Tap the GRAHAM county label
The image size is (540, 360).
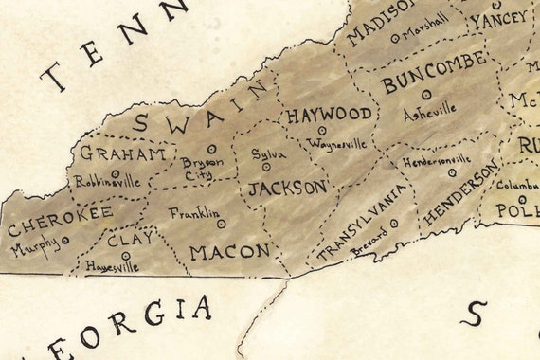click(123, 153)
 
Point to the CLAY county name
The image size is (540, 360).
click(129, 240)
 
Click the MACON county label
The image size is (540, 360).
click(229, 252)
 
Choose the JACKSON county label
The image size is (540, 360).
click(287, 188)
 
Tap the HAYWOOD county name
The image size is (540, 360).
click(329, 115)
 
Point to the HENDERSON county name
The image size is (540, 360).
click(460, 194)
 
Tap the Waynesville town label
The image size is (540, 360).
click(335, 145)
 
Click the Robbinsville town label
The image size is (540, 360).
click(107, 181)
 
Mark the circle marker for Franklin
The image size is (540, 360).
click(221, 225)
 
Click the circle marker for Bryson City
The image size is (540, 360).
click(212, 149)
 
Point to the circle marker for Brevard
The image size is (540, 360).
click(394, 224)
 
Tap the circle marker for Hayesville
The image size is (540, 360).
click(125, 256)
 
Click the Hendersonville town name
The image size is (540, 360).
click(436, 159)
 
